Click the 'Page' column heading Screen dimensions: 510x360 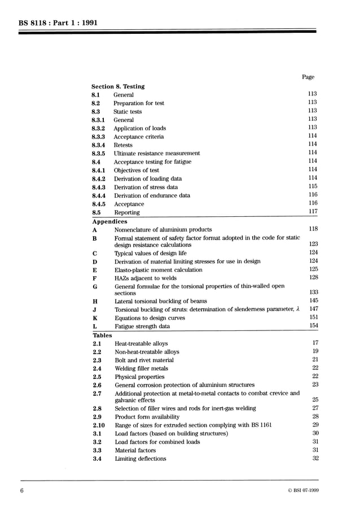[308, 77]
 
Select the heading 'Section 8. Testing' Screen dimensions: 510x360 [118, 86]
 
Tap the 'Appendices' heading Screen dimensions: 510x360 [109, 222]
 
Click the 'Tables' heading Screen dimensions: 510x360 [102, 335]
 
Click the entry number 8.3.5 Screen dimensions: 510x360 [98, 153]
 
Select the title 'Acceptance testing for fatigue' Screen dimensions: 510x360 [152, 162]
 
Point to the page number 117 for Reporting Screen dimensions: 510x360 [313, 212]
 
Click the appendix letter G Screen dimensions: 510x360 [95, 286]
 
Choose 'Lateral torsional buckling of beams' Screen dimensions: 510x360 [160, 301]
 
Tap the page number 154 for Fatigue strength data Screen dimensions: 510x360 [313, 326]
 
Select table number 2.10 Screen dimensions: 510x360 [98, 425]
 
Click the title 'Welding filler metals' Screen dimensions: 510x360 [141, 368]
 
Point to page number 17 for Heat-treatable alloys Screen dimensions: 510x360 [315, 343]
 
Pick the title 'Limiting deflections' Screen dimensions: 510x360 [141, 459]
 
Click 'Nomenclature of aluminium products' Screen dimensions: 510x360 [163, 229]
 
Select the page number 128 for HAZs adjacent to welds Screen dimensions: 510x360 [313, 277]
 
